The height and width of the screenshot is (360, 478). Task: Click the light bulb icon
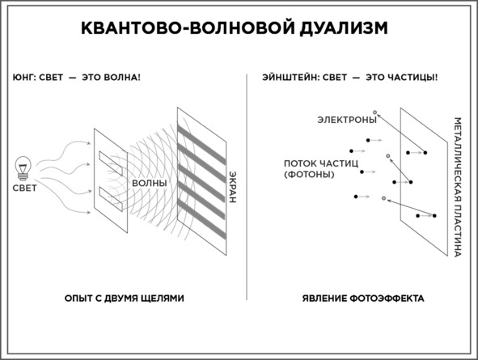pos(23,168)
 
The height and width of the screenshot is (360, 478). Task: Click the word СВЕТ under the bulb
pos(25,188)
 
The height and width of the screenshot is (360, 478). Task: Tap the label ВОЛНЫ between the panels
pos(150,183)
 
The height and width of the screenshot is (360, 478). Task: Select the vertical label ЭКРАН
pos(233,187)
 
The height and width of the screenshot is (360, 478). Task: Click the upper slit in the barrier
pos(111,163)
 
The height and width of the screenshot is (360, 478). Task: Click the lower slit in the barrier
pos(111,199)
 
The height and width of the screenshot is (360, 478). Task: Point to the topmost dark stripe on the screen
pos(202,145)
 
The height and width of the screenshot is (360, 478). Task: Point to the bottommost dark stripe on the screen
pos(202,219)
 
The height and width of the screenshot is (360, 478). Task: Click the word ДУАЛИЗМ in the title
pos(344,28)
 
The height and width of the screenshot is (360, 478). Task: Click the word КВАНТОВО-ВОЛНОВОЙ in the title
pos(188,28)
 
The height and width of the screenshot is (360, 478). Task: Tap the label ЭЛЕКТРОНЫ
pos(347,120)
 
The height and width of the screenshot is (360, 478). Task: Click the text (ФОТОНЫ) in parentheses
pos(309,175)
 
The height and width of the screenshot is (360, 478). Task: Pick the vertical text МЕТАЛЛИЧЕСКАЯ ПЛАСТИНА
pos(458,187)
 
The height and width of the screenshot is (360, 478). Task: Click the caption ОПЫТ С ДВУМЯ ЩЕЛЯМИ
pos(124,299)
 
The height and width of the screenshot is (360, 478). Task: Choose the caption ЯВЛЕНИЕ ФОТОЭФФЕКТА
pos(363,299)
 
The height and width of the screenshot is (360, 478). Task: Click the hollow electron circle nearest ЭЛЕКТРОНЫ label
pos(375,112)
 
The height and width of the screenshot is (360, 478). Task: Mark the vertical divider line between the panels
pos(247,187)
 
